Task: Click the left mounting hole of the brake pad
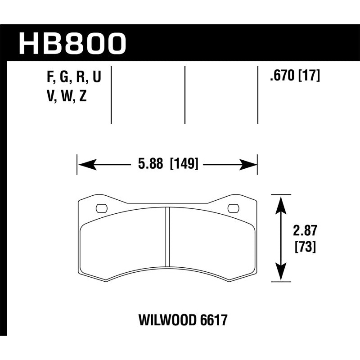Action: [102, 208]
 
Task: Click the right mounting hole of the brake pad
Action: [233, 208]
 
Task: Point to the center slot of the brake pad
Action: [167, 236]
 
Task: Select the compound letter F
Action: [49, 77]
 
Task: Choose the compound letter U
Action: [96, 77]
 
